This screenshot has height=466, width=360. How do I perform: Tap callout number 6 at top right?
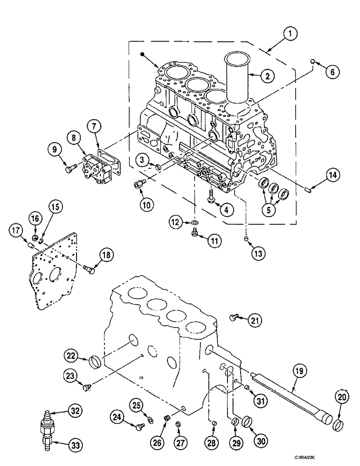pos(332,71)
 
